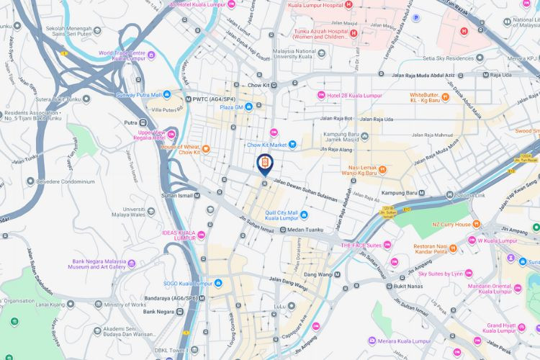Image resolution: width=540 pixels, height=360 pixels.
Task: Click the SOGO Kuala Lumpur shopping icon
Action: (218, 282)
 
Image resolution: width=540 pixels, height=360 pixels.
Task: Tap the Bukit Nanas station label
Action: (407, 286)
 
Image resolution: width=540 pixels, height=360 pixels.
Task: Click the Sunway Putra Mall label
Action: (139, 94)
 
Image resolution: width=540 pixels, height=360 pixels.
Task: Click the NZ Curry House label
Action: (451, 225)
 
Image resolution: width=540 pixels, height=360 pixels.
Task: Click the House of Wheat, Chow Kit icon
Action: (206, 149)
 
